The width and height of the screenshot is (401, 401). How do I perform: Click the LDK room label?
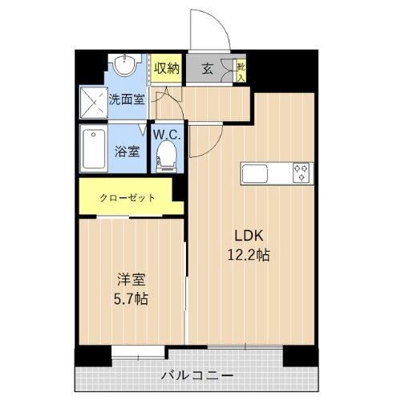tap(249, 235)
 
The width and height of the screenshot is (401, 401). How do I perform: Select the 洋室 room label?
tap(131, 281)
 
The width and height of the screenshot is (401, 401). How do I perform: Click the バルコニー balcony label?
tap(196, 375)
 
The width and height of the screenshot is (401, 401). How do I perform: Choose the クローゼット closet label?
tap(127, 196)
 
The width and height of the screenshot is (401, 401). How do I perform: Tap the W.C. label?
tap(168, 135)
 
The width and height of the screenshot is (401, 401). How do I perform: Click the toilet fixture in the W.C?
tap(168, 154)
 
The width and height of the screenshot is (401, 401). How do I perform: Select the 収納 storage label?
tap(166, 68)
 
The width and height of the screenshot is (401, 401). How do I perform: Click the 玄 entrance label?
tap(207, 69)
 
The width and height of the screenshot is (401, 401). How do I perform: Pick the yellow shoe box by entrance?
tap(241, 71)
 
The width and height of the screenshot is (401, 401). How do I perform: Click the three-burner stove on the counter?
tap(301, 172)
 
